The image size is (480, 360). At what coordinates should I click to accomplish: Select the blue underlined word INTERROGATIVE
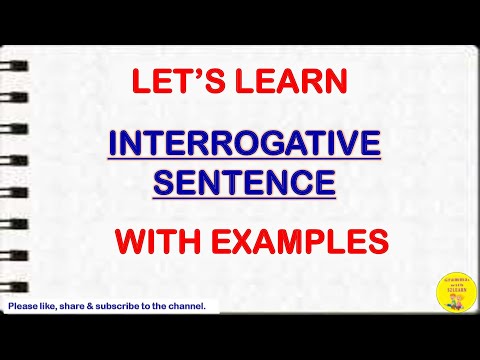pyautogui.click(x=245, y=146)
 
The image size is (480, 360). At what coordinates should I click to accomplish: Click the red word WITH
pyautogui.click(x=152, y=240)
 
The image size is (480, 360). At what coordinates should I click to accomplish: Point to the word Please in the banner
pyautogui.click(x=24, y=306)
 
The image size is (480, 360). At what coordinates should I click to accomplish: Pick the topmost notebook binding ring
pyautogui.click(x=17, y=62)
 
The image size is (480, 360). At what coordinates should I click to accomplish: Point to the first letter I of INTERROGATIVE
pyautogui.click(x=113, y=146)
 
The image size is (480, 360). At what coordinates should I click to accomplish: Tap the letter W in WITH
pyautogui.click(x=128, y=240)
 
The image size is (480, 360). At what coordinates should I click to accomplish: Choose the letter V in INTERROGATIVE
pyautogui.click(x=354, y=146)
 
